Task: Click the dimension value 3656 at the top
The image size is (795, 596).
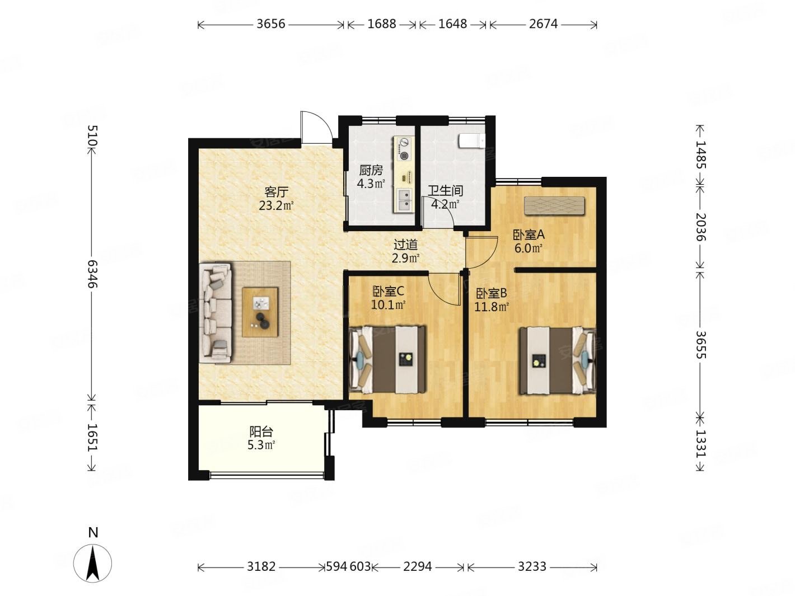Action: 271,24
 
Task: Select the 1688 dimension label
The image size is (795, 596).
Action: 382,24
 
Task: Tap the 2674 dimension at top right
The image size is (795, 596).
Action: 543,24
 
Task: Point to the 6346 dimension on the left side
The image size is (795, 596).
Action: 93,274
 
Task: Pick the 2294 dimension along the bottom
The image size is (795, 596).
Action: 417,566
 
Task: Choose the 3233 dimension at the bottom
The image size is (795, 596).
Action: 532,566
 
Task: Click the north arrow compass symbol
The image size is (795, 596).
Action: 93,563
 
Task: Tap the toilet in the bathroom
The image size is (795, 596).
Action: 472,141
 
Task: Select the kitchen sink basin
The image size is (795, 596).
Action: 404,200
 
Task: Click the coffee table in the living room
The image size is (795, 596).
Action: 260,312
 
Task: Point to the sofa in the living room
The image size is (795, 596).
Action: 216,313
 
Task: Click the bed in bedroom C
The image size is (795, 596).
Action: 387,359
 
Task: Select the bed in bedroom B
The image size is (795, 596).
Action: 558,360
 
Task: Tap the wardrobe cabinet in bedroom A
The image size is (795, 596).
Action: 554,206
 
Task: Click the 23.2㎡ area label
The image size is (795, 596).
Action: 276,205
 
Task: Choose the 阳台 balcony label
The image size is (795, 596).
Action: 261,431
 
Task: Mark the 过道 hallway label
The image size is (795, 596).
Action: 406,245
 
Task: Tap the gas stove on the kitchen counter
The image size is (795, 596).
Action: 404,149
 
